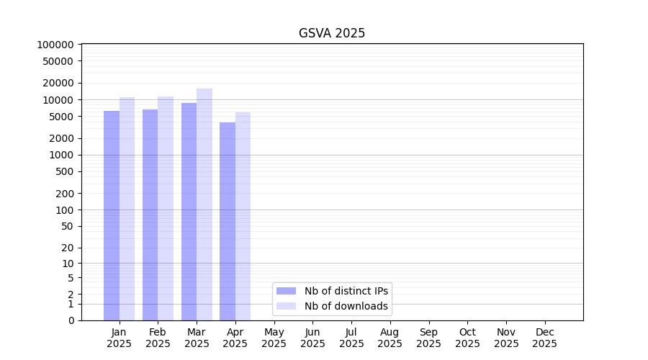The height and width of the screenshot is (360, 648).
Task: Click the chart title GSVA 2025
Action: point(332,33)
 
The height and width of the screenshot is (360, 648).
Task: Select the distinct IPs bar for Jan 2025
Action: point(112,216)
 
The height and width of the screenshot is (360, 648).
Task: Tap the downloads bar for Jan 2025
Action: point(127,209)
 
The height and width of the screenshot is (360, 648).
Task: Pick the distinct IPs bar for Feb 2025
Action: point(150,215)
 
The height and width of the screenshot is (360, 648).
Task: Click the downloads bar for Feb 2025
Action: point(166,209)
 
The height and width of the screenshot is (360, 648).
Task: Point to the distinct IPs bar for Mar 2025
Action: point(189,212)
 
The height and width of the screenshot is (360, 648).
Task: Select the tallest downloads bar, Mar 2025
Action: point(204,204)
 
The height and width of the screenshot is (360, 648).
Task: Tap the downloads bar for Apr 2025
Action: point(243,216)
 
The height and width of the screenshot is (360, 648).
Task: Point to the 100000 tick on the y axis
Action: point(55,45)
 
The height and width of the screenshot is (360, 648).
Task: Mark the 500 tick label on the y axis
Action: point(63,171)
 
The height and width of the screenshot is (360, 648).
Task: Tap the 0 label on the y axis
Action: point(71,320)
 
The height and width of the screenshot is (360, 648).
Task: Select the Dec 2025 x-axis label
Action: point(544,338)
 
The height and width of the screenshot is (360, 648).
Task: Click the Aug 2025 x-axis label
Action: point(390,338)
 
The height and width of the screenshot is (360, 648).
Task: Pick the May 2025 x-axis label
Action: point(274,338)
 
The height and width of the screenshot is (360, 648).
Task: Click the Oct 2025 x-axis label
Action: point(467,338)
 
